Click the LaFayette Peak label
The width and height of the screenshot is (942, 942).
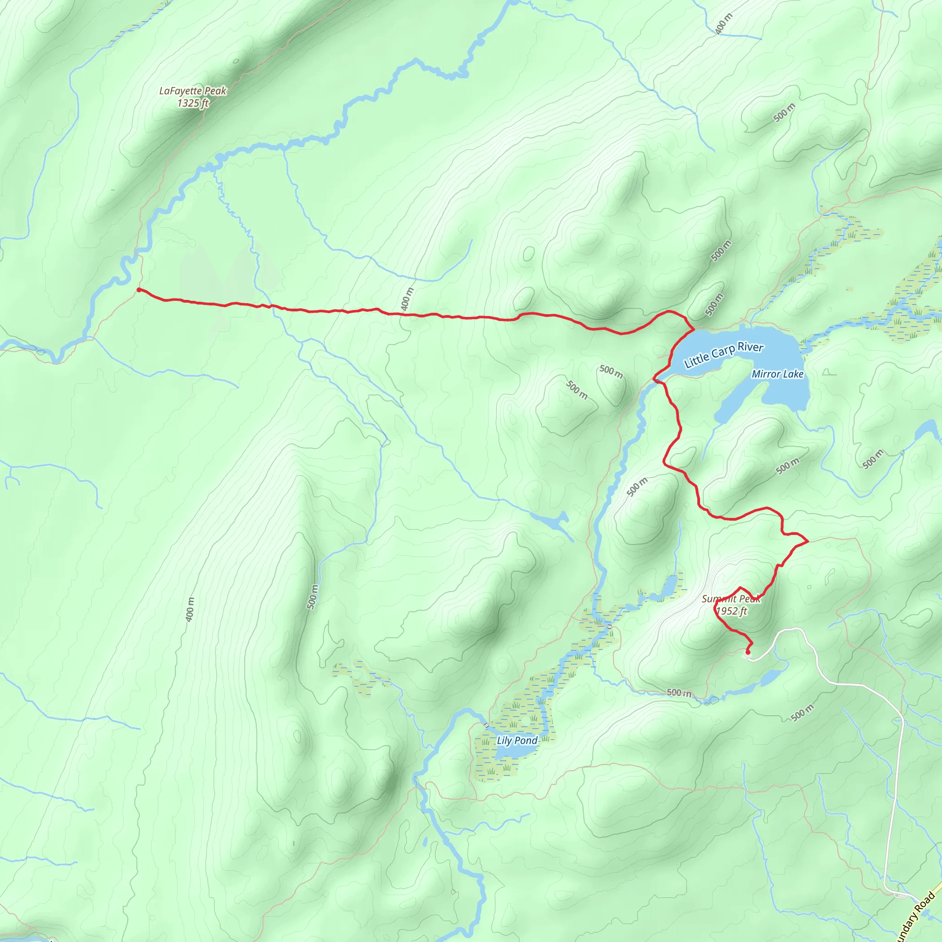coord(193,91)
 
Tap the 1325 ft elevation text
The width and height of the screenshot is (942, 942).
coord(193,103)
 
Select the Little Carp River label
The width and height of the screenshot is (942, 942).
coord(724,355)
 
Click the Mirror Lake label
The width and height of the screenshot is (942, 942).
coord(777,374)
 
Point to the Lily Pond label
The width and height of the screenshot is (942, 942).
coord(517,740)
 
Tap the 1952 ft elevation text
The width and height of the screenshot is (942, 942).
coord(731,611)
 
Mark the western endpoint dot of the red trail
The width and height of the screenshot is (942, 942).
coord(139,290)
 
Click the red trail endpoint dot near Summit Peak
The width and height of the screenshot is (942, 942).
coord(747,652)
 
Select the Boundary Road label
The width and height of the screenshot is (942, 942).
coord(917,917)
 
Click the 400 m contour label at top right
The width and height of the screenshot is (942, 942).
coord(724,23)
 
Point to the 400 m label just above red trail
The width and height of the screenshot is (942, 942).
coord(407,299)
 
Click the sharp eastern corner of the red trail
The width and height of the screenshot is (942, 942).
coord(808,541)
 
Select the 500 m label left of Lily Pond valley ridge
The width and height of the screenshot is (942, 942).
coord(312,596)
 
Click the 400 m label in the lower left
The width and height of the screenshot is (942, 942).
coord(190,609)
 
